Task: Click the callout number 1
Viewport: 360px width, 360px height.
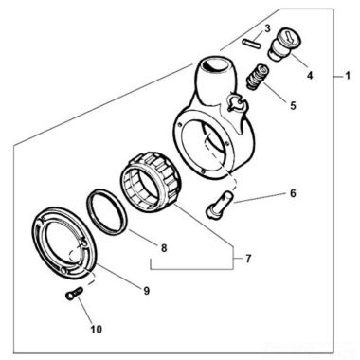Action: click(347, 76)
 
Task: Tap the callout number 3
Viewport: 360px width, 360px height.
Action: click(267, 28)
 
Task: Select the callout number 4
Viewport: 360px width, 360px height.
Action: click(310, 75)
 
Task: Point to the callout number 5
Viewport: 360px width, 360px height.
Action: click(293, 106)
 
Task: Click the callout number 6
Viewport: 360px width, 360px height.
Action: click(293, 193)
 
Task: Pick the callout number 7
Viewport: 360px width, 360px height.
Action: click(248, 259)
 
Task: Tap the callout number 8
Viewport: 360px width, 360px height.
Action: click(164, 248)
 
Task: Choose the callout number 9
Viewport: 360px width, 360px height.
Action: click(146, 291)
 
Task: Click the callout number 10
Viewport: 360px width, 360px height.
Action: click(97, 329)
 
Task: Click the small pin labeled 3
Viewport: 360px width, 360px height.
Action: click(252, 44)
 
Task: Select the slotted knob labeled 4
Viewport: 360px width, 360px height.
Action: click(285, 45)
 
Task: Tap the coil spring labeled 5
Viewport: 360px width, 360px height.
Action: click(257, 77)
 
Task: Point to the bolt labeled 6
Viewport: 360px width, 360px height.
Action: click(219, 205)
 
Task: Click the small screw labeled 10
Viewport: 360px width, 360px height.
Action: click(74, 292)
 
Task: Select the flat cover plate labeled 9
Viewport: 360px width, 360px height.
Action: click(63, 243)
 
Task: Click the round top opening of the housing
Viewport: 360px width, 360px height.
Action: click(215, 66)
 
